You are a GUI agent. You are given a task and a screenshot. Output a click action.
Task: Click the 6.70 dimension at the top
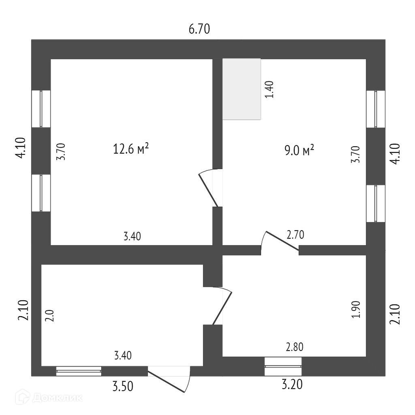point(199,29)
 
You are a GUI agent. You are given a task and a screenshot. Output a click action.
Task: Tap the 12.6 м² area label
point(130,150)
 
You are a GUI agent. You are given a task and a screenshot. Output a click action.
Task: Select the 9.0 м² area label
point(299,152)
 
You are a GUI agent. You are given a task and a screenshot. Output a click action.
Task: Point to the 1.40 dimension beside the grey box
point(270,90)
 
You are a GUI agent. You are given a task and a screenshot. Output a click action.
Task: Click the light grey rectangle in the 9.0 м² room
point(242,89)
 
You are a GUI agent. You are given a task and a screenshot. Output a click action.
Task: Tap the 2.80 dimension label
point(295,347)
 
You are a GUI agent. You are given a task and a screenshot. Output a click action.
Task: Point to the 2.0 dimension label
point(50,315)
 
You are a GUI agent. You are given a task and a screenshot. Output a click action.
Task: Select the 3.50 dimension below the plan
point(123,386)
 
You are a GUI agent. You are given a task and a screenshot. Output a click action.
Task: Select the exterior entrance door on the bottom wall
point(169,379)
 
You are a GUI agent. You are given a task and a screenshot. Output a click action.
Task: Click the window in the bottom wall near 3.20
point(283,366)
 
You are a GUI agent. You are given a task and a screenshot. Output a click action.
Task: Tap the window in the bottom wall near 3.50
point(79,370)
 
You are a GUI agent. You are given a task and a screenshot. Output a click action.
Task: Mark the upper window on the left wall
point(41,109)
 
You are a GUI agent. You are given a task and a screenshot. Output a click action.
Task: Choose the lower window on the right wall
point(376,203)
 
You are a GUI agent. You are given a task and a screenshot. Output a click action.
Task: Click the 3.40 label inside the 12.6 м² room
point(132,236)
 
